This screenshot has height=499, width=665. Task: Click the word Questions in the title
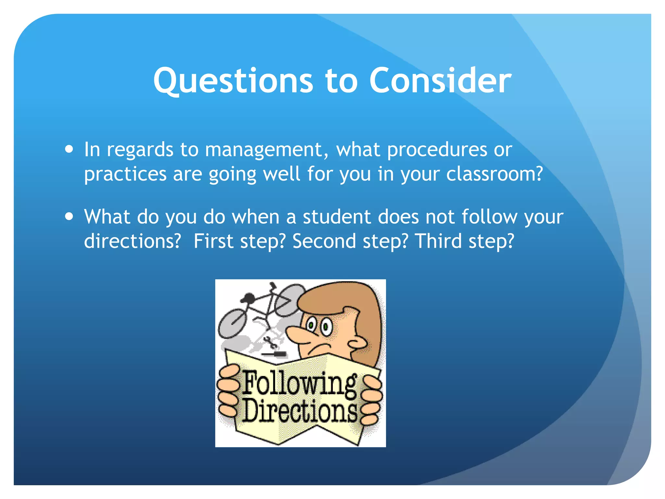(233, 81)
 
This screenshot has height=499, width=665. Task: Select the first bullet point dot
(69, 149)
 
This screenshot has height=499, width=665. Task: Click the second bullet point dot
(69, 217)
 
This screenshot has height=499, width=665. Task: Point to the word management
(264, 150)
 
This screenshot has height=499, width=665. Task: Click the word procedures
(437, 150)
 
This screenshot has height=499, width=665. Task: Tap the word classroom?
(494, 174)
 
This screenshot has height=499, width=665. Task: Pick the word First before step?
(213, 241)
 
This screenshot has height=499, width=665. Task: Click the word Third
(438, 241)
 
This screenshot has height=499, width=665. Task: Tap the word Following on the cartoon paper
(299, 384)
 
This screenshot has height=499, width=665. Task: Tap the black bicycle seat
(249, 297)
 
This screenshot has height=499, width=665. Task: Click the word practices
(125, 174)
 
